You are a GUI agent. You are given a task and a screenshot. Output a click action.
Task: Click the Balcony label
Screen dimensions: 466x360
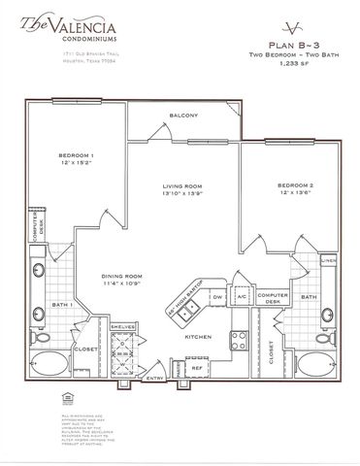coord(184,116)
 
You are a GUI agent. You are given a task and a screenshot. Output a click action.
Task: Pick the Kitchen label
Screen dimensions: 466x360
coord(199,336)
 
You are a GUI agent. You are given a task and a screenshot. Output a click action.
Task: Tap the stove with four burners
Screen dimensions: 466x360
coord(237,339)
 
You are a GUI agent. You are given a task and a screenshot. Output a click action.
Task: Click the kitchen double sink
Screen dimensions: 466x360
coord(191,309)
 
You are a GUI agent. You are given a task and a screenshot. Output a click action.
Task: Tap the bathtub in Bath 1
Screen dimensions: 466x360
coord(54,370)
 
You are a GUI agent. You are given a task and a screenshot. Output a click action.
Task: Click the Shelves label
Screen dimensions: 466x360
coord(122,327)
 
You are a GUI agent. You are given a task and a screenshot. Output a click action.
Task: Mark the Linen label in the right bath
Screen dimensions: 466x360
coord(330,260)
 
